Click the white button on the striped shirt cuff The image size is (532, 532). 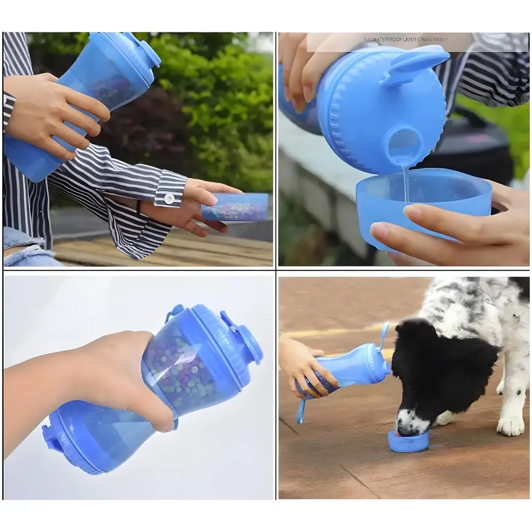pos(169,198)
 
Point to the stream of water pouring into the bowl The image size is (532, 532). pos(406,184)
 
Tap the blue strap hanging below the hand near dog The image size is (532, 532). pos(302,411)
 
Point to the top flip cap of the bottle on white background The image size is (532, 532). pos(247,343)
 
